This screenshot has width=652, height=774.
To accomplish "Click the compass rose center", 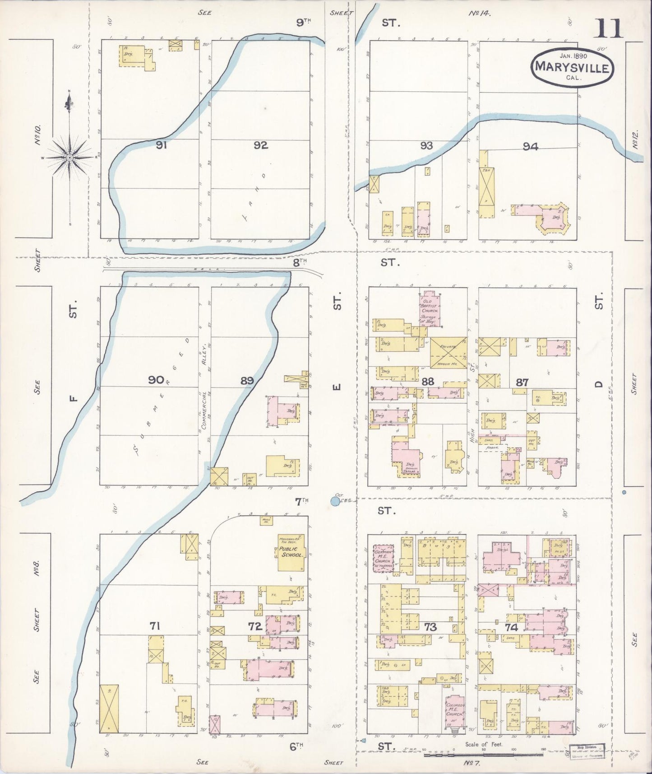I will (70, 157).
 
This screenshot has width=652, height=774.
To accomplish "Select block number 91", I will (161, 145).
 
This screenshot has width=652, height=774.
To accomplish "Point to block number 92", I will (260, 145).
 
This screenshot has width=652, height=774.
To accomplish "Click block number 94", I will (530, 146).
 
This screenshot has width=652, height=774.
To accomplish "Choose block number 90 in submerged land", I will (156, 380).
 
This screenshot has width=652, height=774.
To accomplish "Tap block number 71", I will (155, 625).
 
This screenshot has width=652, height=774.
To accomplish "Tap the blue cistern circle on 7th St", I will (335, 501).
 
